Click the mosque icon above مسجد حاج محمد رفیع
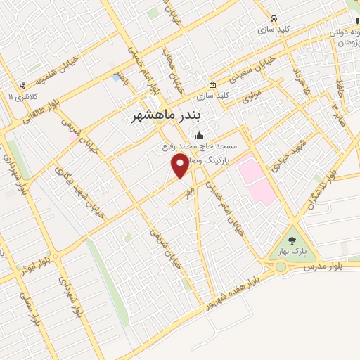click(x=200, y=135)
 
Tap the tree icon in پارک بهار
click(x=292, y=240)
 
